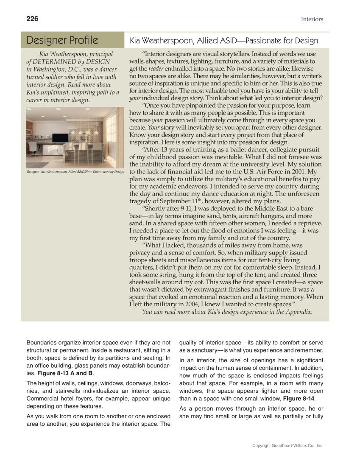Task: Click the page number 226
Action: click(x=32, y=19)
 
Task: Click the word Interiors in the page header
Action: click(x=312, y=19)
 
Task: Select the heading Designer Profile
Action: click(x=62, y=40)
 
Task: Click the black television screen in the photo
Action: click(x=60, y=138)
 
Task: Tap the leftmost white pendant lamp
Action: click(x=73, y=132)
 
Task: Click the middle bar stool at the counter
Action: click(x=83, y=148)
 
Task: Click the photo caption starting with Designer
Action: click(x=75, y=171)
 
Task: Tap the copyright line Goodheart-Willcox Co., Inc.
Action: click(x=287, y=446)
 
